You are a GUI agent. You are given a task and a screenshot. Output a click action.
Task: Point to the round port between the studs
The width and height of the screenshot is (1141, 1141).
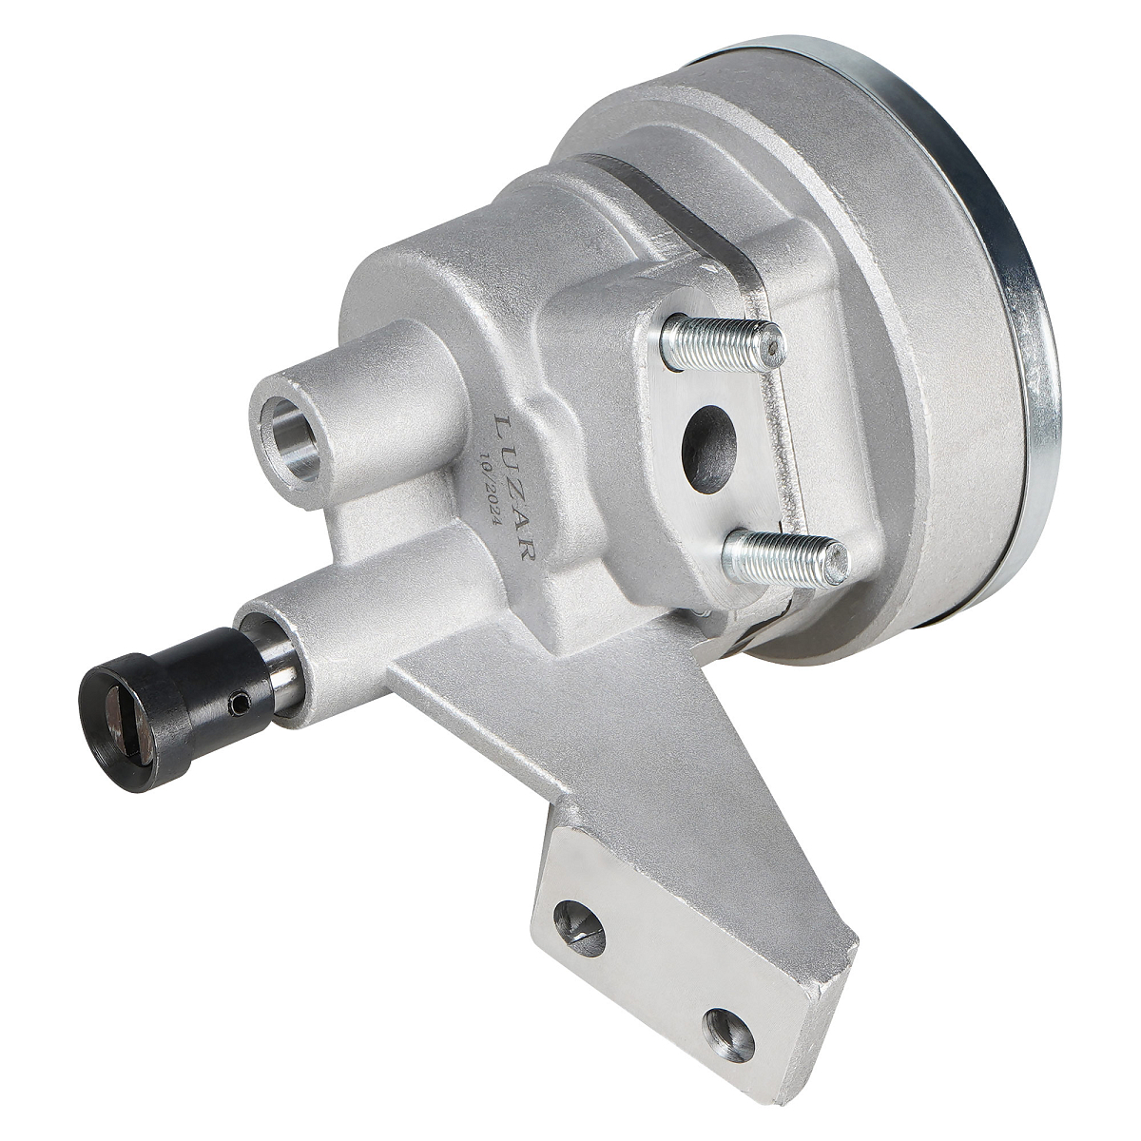(708, 450)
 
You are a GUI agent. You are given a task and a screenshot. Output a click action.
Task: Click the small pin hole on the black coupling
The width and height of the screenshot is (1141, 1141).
(240, 703)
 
